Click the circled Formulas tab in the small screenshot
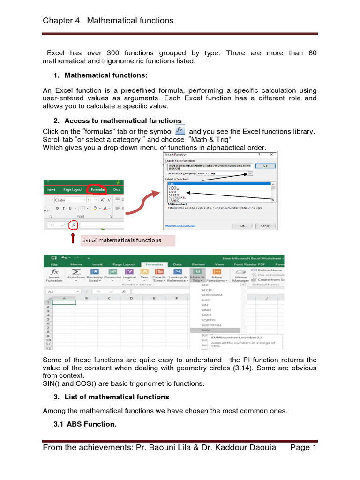(x=97, y=190)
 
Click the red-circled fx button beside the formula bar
(x=73, y=225)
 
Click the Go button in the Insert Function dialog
(x=265, y=166)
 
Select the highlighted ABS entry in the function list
(x=171, y=184)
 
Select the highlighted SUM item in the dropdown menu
(x=206, y=330)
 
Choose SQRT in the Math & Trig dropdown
(x=206, y=315)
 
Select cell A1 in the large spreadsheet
(x=64, y=302)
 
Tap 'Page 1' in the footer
(x=304, y=448)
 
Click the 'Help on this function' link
(x=180, y=225)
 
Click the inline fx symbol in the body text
(x=180, y=130)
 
